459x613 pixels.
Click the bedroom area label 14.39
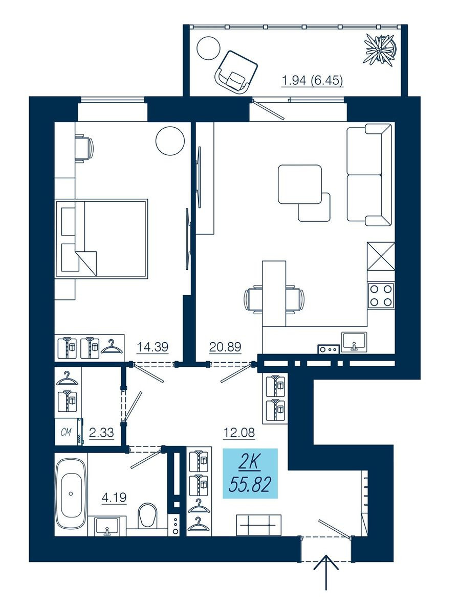coord(152,347)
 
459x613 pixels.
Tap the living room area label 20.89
coord(225,347)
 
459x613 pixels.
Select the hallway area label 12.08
coord(239,433)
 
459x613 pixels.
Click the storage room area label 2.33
coord(101,433)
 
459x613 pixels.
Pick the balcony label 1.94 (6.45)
coord(312,81)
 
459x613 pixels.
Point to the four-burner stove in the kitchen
coord(381,295)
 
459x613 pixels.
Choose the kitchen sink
coord(354,341)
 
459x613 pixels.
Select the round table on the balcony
coord(208,49)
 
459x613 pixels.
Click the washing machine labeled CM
coord(69,432)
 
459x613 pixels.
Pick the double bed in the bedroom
coord(101,239)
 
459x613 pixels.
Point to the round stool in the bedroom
coord(170,141)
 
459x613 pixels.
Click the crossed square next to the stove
coord(381,256)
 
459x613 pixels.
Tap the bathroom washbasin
coord(107,526)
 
